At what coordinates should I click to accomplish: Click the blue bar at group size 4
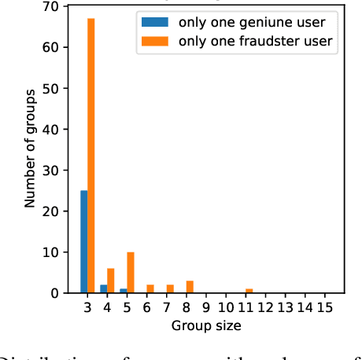point(103,288)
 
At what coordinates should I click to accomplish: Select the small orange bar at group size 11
point(249,291)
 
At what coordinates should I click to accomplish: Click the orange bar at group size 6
point(150,288)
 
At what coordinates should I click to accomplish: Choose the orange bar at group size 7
point(170,288)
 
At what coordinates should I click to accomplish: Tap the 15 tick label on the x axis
point(324,307)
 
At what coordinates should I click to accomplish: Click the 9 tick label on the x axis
point(205,307)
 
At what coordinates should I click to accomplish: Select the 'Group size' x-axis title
point(205,325)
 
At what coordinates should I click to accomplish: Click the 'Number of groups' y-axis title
point(30,149)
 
